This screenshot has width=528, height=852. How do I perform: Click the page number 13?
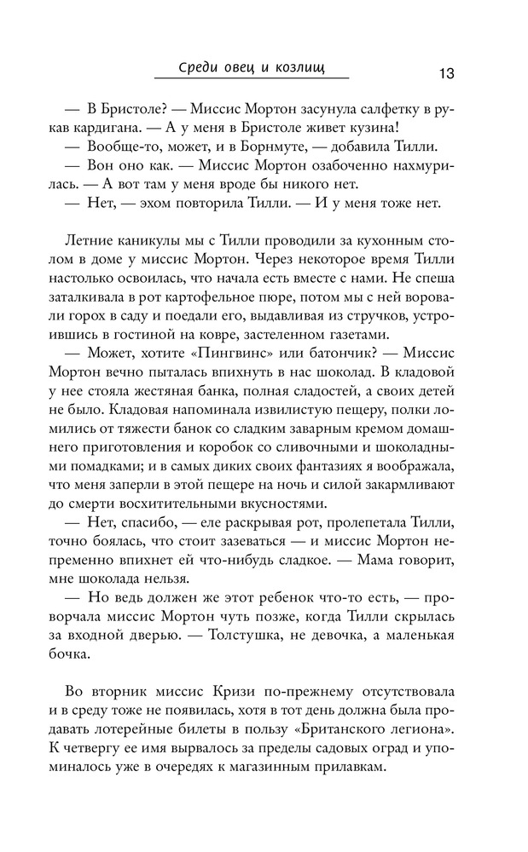pos(446,72)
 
